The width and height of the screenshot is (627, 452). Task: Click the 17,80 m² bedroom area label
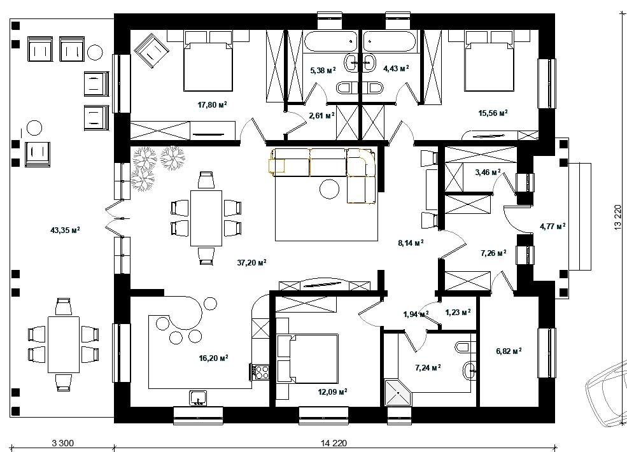coord(213,105)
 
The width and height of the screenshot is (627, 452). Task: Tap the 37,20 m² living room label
coord(252,262)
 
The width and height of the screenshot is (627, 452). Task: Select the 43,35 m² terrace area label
coord(65,230)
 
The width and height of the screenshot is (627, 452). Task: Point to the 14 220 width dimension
coord(334,443)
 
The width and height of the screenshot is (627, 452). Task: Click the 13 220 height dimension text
coord(617,218)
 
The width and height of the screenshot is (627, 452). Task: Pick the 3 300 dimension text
coord(63,443)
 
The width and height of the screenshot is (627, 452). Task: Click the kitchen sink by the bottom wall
coord(198,398)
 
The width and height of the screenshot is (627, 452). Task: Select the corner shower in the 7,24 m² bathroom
coord(397,393)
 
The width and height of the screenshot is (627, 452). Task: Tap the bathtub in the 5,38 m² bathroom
coord(330,41)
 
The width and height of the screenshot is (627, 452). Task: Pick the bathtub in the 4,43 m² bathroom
coord(390,41)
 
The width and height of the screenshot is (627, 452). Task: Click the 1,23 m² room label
coord(458,312)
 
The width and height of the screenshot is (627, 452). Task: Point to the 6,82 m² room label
coord(509,351)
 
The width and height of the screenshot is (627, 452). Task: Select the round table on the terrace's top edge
coord(95,52)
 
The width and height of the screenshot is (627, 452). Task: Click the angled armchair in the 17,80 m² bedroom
coord(151,50)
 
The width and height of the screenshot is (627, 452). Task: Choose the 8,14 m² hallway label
coord(411,243)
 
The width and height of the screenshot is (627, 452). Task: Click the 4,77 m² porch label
coord(553,227)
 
